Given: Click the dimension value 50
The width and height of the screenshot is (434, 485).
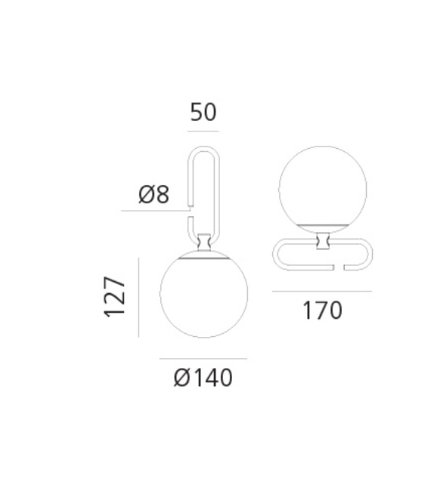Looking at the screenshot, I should click(x=203, y=113).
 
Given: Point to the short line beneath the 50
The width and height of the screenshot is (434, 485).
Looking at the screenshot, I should click(x=203, y=131).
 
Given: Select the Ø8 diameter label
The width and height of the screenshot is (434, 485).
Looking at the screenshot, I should click(x=153, y=195).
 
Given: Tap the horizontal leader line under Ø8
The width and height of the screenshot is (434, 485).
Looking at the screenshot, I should click(x=155, y=211).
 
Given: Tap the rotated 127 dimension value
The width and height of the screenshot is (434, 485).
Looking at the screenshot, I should click(x=115, y=296).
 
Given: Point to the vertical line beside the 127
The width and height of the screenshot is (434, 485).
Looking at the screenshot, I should click(x=140, y=296).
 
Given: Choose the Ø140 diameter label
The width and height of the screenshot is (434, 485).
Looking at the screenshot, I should click(x=203, y=376).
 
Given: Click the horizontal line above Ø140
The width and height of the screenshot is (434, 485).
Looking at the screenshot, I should click(x=203, y=358).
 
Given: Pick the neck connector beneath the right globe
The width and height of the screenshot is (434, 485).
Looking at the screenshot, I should click(x=323, y=241).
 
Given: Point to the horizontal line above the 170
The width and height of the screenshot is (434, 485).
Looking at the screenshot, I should click(x=322, y=291).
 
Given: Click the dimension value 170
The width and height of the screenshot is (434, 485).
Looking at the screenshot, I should click(x=323, y=310).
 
